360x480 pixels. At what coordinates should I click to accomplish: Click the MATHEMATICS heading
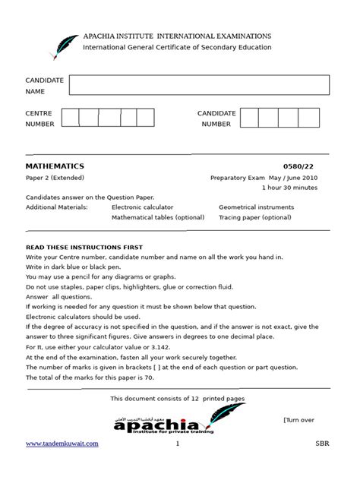[x=55, y=166]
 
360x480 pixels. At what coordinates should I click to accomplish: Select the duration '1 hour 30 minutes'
[x=289, y=187]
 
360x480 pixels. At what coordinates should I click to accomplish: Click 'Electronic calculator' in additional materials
[x=142, y=207]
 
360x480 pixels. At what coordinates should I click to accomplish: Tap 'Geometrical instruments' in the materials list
[x=257, y=207]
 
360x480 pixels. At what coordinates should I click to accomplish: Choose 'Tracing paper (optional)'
[x=254, y=217]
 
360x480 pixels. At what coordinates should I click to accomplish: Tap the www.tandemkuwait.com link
[x=62, y=444]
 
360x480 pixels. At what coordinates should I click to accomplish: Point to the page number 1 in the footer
[x=177, y=444]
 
